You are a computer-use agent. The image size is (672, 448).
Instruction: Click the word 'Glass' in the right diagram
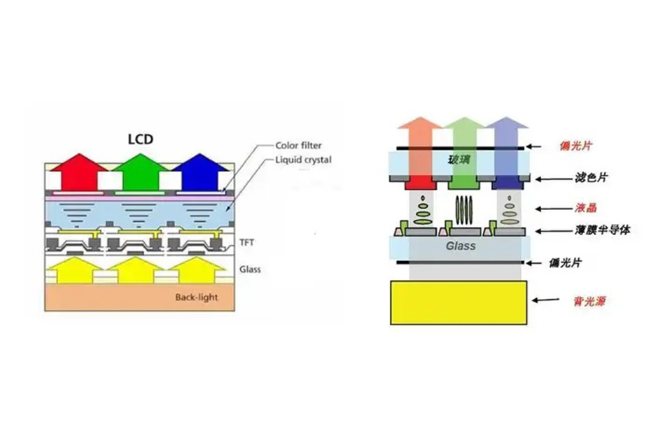pos(461,246)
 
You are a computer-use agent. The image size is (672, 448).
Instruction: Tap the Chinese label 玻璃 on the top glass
pos(460,160)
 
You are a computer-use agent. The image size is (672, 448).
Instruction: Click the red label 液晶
pos(584,209)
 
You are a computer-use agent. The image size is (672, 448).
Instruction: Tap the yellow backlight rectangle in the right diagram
pos(460,302)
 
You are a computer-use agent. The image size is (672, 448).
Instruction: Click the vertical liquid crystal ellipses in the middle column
pos(461,209)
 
